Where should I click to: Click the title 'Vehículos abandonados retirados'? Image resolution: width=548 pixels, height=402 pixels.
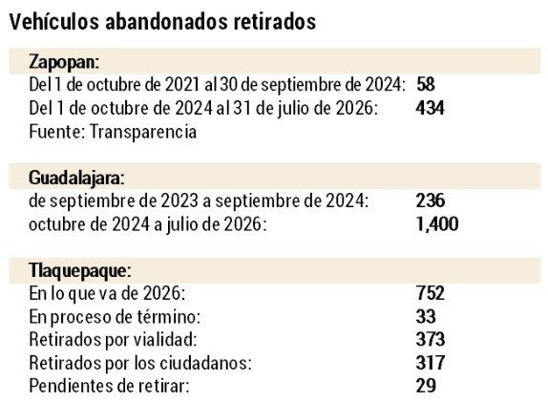pyautogui.click(x=162, y=22)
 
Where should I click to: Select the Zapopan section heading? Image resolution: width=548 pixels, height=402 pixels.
pyautogui.click(x=64, y=62)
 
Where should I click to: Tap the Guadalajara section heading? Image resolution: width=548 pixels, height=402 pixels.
pyautogui.click(x=76, y=178)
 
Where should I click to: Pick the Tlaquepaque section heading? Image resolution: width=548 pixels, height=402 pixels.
pyautogui.click(x=80, y=270)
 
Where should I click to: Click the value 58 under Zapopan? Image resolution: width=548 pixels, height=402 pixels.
pyautogui.click(x=426, y=85)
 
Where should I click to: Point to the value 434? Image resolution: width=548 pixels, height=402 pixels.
pyautogui.click(x=430, y=108)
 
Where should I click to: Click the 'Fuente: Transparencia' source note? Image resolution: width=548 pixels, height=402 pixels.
pyautogui.click(x=113, y=132)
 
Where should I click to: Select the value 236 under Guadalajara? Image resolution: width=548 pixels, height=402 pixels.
pyautogui.click(x=431, y=201)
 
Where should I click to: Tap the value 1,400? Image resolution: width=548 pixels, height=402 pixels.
pyautogui.click(x=437, y=224)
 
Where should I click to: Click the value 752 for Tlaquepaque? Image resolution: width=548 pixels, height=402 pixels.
pyautogui.click(x=431, y=293)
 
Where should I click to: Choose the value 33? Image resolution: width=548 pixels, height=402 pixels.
pyautogui.click(x=426, y=316)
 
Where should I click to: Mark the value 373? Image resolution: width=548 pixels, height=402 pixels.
pyautogui.click(x=431, y=339)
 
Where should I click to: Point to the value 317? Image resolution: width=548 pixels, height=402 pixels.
pyautogui.click(x=431, y=363)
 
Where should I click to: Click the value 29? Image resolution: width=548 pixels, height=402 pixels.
pyautogui.click(x=426, y=386)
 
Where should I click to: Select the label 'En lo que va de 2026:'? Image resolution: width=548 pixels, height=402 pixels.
pyautogui.click(x=107, y=294)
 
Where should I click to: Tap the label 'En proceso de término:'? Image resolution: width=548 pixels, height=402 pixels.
pyautogui.click(x=115, y=317)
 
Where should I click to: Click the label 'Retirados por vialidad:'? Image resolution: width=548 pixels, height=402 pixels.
pyautogui.click(x=113, y=340)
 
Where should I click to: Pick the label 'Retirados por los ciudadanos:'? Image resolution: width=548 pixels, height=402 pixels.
pyautogui.click(x=140, y=363)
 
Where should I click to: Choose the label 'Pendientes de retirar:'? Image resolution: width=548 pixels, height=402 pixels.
pyautogui.click(x=109, y=386)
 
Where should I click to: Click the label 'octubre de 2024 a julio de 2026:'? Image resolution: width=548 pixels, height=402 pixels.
pyautogui.click(x=147, y=224)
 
